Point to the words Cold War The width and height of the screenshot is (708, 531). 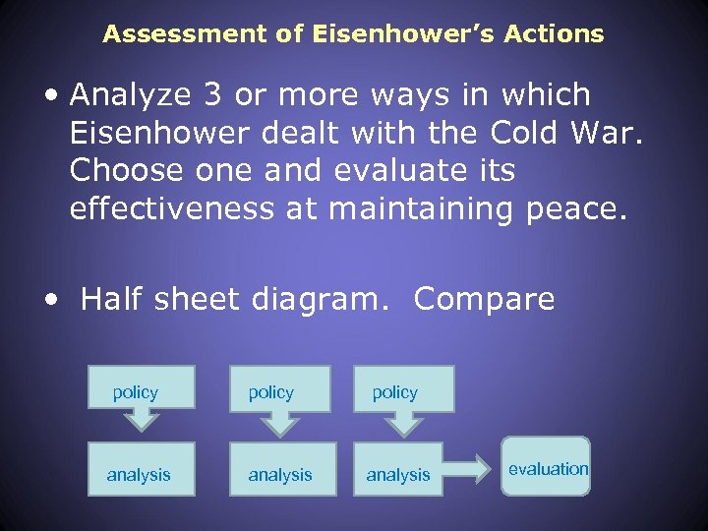(x=581, y=133)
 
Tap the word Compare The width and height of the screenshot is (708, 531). (x=485, y=299)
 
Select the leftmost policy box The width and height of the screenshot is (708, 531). (x=141, y=387)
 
